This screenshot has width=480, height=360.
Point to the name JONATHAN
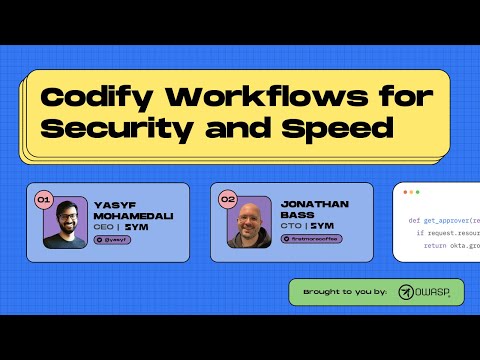click(310, 204)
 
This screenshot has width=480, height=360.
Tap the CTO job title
click(289, 228)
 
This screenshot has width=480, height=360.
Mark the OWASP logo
click(424, 292)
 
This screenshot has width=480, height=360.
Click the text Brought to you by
click(345, 292)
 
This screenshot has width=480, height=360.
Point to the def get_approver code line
click(440, 219)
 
